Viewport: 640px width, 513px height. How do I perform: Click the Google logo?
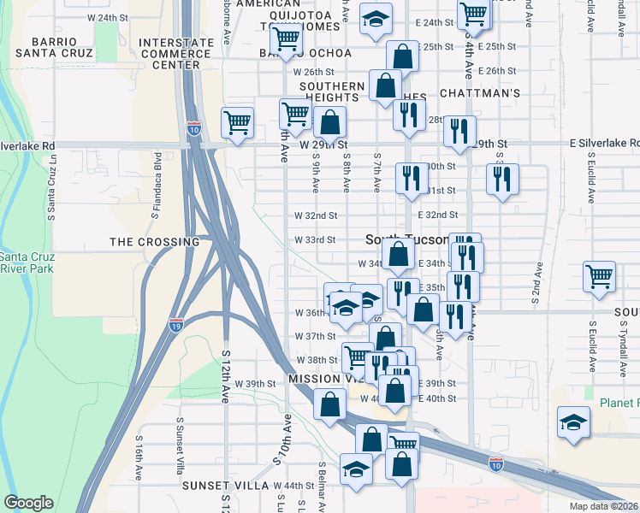(x=28, y=503)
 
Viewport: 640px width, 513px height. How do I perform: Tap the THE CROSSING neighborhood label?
(x=154, y=242)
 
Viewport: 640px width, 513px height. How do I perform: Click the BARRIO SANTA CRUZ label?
(x=61, y=47)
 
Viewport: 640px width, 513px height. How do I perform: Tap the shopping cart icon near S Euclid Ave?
(x=599, y=276)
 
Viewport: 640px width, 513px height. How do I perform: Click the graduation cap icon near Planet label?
(x=573, y=422)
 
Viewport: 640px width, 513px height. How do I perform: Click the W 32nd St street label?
(x=316, y=215)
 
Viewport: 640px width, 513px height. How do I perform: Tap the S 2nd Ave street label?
(x=535, y=282)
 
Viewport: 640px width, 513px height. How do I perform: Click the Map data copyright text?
(x=604, y=506)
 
